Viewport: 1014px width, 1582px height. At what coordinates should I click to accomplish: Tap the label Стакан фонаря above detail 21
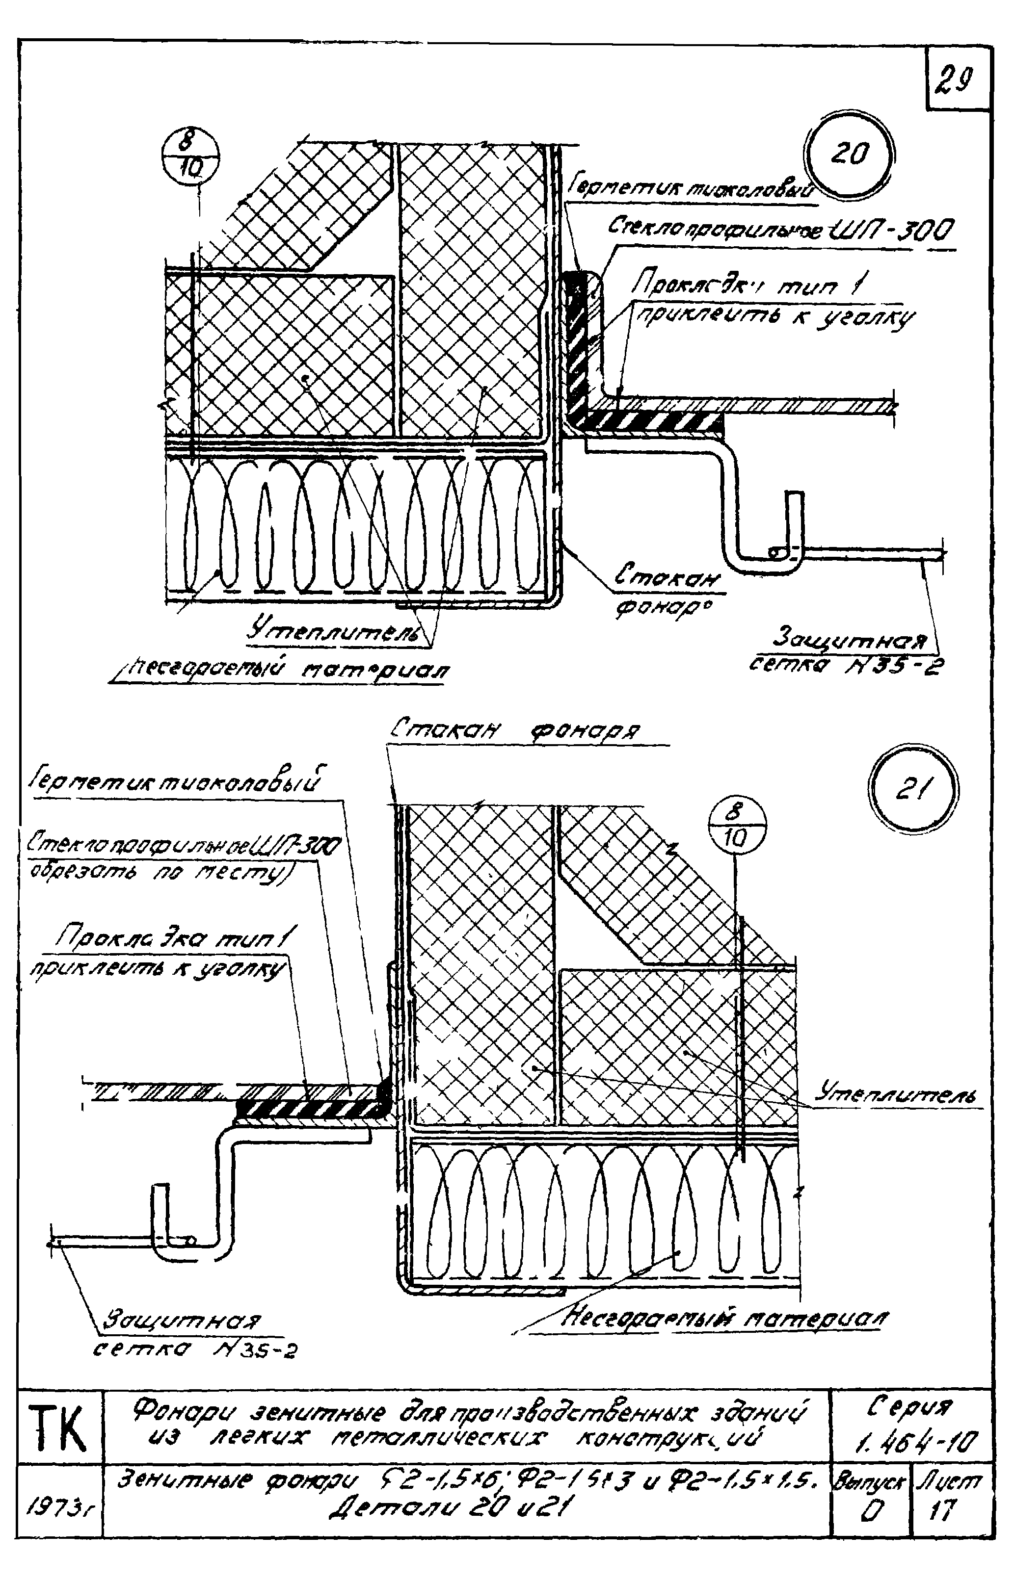(x=516, y=731)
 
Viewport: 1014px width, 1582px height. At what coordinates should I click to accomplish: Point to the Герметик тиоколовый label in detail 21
(x=178, y=784)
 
